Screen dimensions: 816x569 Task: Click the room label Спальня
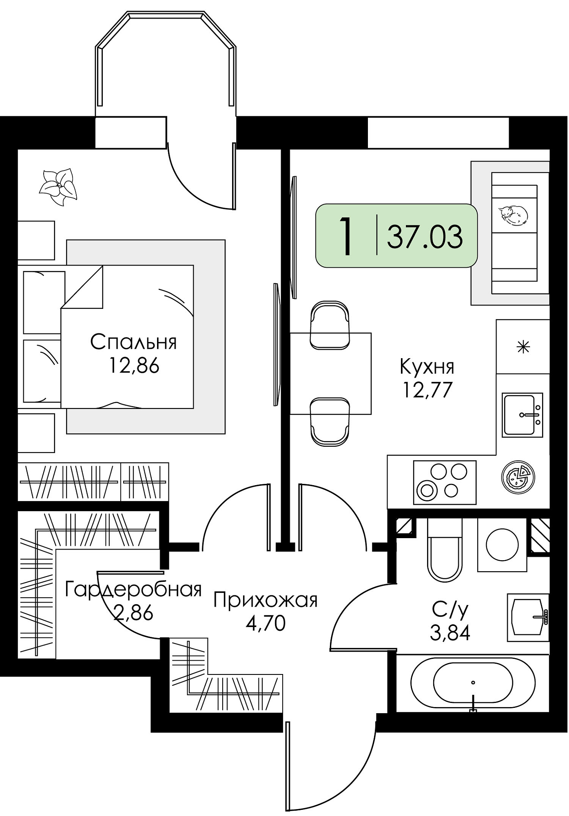(133, 342)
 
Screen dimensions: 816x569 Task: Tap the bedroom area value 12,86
(133, 366)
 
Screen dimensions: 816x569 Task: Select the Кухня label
(427, 367)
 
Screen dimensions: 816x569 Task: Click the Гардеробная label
(133, 590)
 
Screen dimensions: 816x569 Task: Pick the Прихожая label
(266, 601)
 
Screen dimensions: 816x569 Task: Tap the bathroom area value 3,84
(450, 633)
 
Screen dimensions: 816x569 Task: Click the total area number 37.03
(425, 237)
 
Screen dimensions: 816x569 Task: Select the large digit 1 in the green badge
(346, 236)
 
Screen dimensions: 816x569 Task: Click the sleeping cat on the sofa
(513, 215)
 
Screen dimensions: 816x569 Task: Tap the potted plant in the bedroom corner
(58, 187)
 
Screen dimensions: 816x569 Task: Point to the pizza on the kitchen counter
(518, 477)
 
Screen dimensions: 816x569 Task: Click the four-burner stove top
(445, 482)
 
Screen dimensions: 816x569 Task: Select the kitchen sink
(522, 415)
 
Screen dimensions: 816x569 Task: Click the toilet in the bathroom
(445, 551)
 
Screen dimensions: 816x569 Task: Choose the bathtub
(473, 683)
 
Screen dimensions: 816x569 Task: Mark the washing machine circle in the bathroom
(502, 545)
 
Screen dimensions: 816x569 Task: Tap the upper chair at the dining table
(330, 325)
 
